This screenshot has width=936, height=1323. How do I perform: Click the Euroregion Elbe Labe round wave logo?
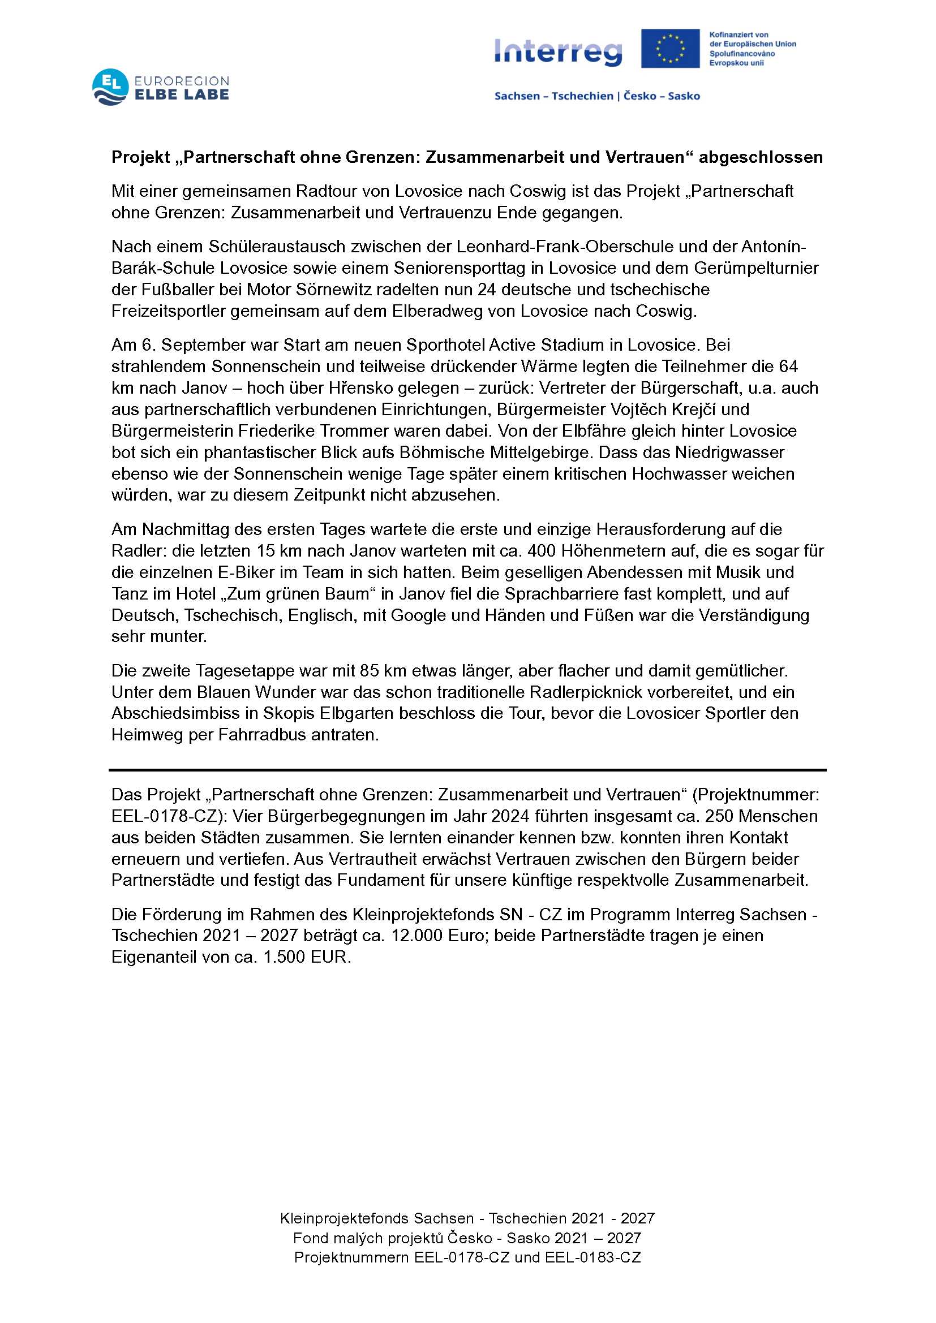(x=110, y=88)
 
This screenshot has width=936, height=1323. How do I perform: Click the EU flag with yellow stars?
(x=669, y=49)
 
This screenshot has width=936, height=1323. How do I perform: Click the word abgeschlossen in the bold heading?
(x=760, y=157)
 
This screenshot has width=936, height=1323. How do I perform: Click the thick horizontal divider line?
(x=467, y=770)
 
